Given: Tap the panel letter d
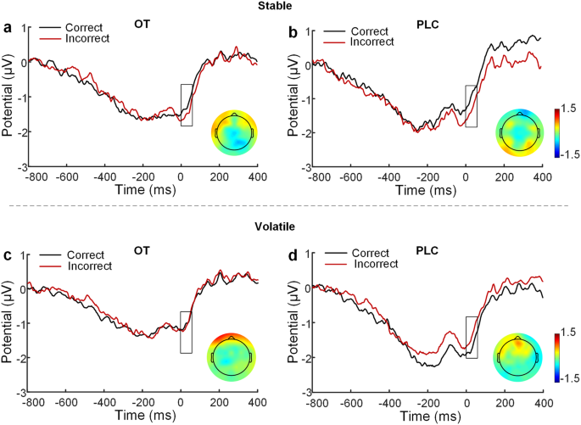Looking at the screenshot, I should [293, 251].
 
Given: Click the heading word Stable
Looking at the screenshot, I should [291, 6].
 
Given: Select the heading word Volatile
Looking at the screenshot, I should [291, 227].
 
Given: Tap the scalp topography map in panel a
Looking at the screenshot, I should [232, 131].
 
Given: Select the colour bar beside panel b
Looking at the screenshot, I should [555, 131].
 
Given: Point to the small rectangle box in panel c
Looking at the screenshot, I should [186, 333].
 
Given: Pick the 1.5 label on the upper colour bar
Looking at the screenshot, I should [568, 109].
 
